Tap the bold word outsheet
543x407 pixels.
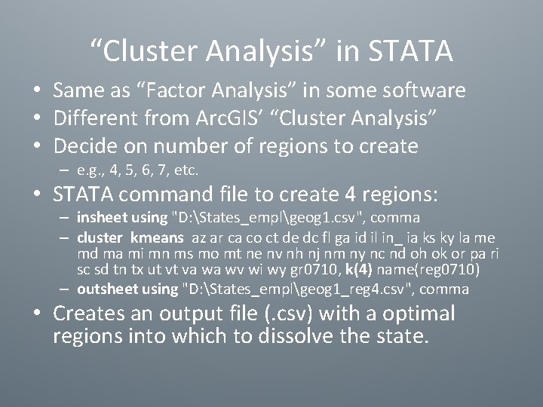pyautogui.click(x=106, y=289)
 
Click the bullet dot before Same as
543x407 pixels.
pyautogui.click(x=37, y=91)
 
